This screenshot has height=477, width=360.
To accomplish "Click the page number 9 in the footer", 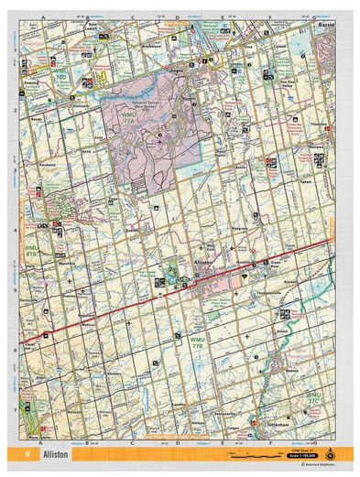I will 29,454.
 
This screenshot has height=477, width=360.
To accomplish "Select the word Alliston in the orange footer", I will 57,454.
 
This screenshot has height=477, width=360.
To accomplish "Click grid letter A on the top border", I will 43,16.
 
